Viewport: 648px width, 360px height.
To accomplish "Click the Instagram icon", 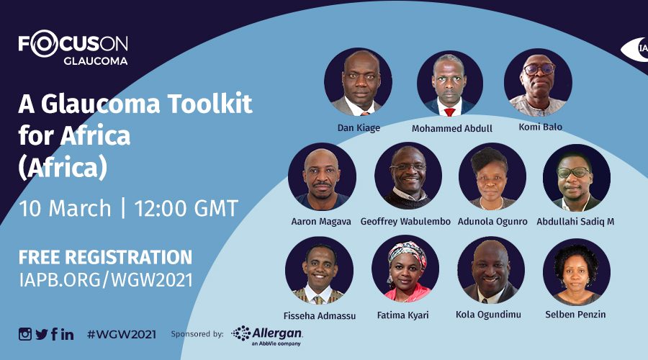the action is tap(24, 334).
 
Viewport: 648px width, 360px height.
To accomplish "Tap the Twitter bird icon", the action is tap(41, 334).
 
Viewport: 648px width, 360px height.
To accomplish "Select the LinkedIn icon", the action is tap(68, 334).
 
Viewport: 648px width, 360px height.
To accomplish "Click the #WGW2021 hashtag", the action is tap(122, 334).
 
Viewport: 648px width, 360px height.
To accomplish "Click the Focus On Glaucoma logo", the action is tap(73, 48).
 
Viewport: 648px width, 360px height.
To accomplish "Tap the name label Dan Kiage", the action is tap(359, 127).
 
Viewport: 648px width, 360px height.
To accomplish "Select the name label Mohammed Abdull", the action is tap(451, 129).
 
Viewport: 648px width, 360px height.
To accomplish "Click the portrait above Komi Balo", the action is tap(538, 82).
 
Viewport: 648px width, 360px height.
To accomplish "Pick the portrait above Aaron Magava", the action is tap(322, 176).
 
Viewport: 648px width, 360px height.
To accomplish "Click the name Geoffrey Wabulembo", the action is tap(405, 222).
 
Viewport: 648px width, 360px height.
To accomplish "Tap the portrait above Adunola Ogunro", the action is tap(492, 176).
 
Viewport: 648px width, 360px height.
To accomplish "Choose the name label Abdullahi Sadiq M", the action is tap(575, 222).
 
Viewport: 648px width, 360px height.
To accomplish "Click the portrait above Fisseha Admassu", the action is tap(319, 270).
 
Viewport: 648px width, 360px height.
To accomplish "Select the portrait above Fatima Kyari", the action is tap(405, 269).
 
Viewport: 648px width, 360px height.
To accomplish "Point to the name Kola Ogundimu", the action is tap(488, 315).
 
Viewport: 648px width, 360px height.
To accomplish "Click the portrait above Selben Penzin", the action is tap(577, 272).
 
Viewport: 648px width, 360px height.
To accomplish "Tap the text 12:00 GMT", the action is tap(186, 208).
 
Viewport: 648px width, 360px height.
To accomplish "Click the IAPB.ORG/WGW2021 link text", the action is tap(106, 280).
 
